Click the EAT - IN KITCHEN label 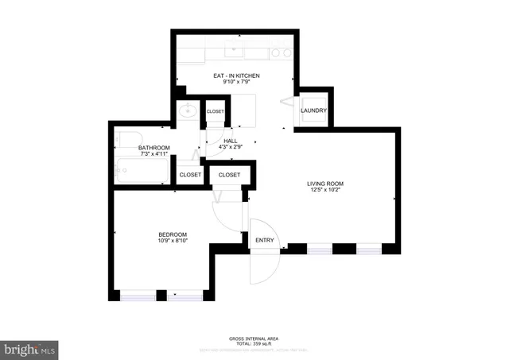coord(236,75)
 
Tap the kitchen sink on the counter coord(233,52)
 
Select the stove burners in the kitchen coord(279,53)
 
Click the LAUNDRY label coord(313,110)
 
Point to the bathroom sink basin coord(188,111)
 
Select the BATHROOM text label coord(153,148)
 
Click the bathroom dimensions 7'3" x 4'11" coord(153,155)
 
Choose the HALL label coord(231,140)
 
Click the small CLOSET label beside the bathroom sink coord(216,111)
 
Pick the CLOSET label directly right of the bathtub coord(190,174)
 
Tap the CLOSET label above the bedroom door coord(229,174)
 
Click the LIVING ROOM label coord(325,184)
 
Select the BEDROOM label coord(173,234)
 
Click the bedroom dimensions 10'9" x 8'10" coord(173,241)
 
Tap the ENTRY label coord(263,241)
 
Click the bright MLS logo coord(30,349)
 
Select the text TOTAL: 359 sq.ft coord(254,343)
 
